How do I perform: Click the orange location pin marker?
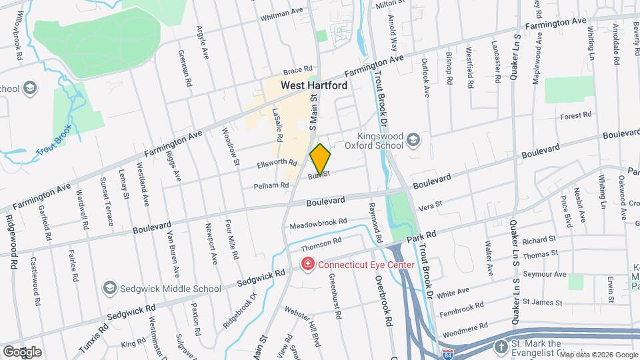321,159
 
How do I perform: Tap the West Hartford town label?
314,86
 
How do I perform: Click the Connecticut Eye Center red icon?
307,265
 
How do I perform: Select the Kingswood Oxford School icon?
414,139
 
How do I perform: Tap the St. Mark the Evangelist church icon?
501,346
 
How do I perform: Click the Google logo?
22,352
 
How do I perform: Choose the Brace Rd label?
297,69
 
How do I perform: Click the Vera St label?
430,207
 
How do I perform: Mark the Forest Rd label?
576,115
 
